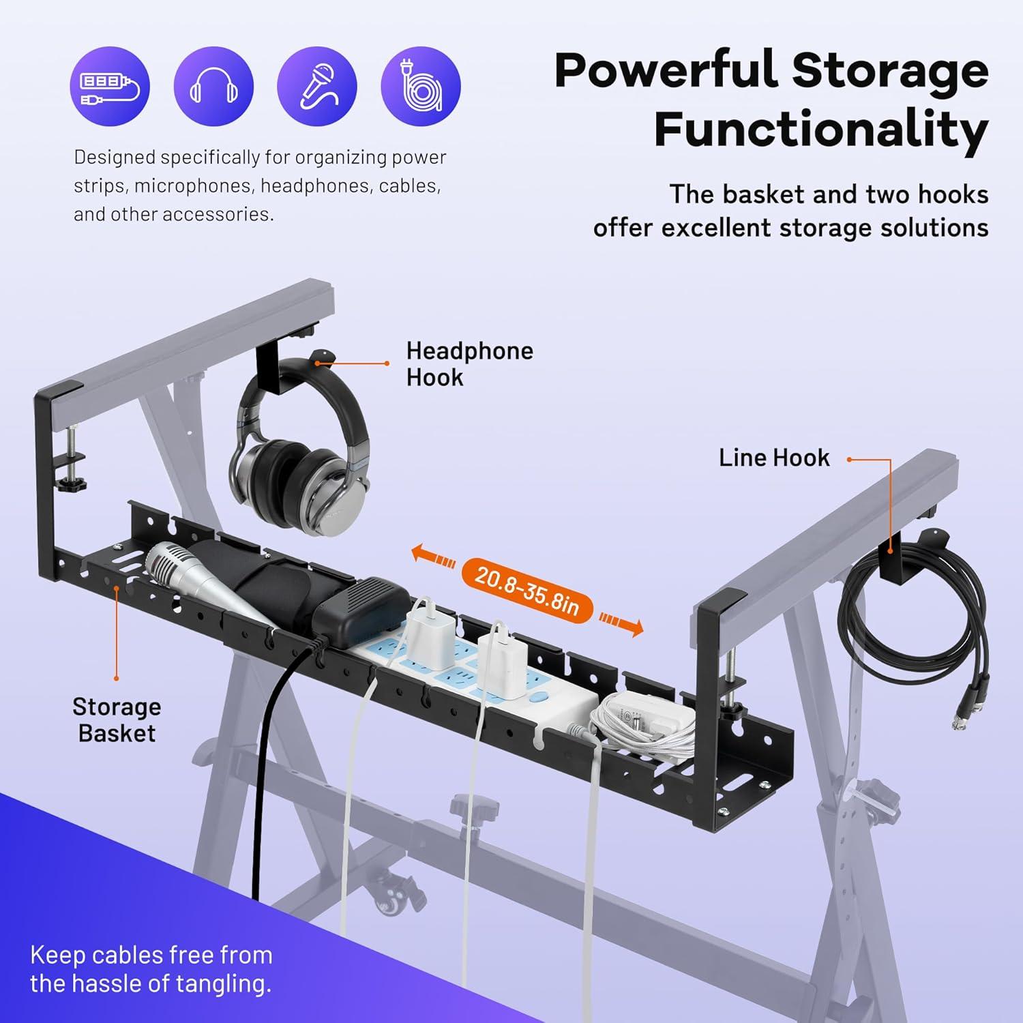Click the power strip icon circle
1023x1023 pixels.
110,87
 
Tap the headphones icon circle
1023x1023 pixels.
213,87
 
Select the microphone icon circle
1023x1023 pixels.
317,87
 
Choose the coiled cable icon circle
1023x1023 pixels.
421,87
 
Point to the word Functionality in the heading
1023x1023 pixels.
821,130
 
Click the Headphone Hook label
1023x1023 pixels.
469,364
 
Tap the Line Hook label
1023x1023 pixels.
774,458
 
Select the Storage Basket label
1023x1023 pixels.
117,720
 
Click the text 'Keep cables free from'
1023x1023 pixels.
151,955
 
